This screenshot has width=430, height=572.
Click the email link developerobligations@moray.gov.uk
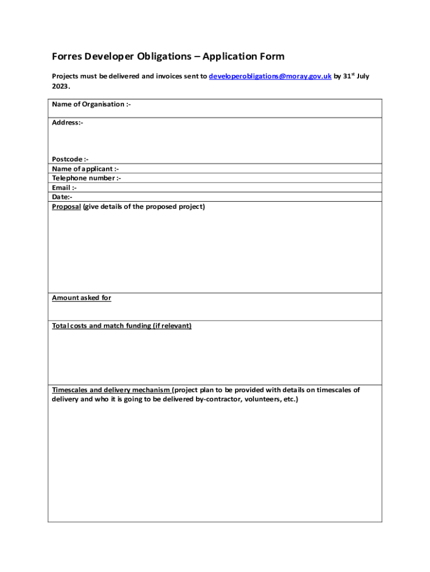click(x=270, y=76)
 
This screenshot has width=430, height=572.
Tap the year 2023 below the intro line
click(x=60, y=87)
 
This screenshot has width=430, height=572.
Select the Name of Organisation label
click(x=92, y=104)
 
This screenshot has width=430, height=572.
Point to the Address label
click(x=68, y=122)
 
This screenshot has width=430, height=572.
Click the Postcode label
click(x=70, y=159)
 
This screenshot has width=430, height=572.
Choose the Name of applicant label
click(x=85, y=169)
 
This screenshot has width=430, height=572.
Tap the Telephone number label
click(x=87, y=178)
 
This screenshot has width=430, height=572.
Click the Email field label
click(x=64, y=188)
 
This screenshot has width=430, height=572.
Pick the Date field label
click(x=62, y=197)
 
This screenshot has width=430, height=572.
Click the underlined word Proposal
click(x=66, y=207)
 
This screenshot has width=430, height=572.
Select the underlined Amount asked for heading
click(x=82, y=298)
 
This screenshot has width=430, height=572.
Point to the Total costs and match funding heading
click(x=122, y=326)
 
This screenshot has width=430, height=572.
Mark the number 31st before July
click(x=347, y=76)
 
